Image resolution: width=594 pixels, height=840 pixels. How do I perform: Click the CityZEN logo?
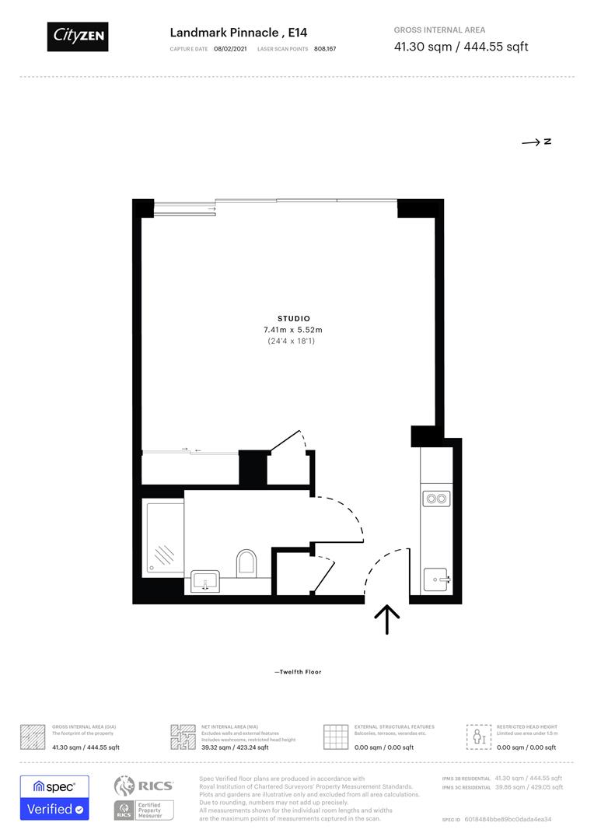(x=78, y=36)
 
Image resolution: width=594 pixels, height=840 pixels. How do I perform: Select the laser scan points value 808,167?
(x=325, y=49)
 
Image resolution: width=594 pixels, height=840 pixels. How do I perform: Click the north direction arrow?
(x=536, y=142)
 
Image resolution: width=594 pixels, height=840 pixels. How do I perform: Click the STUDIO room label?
(x=294, y=318)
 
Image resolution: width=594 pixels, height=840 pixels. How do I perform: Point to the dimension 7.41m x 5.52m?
(x=294, y=330)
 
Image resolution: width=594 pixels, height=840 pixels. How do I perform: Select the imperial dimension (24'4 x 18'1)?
(x=294, y=341)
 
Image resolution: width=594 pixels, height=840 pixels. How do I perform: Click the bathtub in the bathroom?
(x=164, y=538)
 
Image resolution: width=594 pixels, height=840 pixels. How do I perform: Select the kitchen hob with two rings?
(x=435, y=499)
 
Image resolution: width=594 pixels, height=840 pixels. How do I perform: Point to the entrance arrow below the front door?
(x=386, y=619)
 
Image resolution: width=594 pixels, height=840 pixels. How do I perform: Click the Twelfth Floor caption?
(x=298, y=672)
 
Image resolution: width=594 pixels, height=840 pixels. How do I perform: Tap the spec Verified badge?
(x=54, y=797)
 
